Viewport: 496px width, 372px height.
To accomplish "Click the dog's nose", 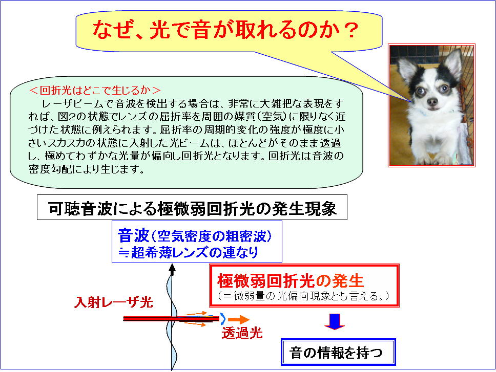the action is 432,102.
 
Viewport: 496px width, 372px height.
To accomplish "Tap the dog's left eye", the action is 444,89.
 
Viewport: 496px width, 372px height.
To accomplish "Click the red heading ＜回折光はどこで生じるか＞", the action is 94,91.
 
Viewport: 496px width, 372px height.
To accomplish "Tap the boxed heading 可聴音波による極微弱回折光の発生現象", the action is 192,207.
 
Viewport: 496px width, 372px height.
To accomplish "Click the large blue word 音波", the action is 133,235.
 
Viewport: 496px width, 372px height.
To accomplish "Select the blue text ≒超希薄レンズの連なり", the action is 188,252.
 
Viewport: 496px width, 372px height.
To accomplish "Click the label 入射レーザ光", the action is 114,302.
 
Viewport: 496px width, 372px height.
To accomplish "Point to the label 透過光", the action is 242,333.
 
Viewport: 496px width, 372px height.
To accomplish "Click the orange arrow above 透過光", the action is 238,320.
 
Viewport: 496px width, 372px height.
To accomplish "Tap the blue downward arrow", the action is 335,321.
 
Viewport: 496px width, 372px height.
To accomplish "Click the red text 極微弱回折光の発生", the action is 291,280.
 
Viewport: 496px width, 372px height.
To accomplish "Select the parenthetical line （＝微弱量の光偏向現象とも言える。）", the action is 304,296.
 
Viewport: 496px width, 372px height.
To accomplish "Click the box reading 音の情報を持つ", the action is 338,352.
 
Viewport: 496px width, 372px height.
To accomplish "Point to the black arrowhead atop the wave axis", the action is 172,269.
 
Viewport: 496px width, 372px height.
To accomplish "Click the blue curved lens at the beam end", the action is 223,319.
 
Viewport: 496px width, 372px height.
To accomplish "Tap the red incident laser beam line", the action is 171,318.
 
